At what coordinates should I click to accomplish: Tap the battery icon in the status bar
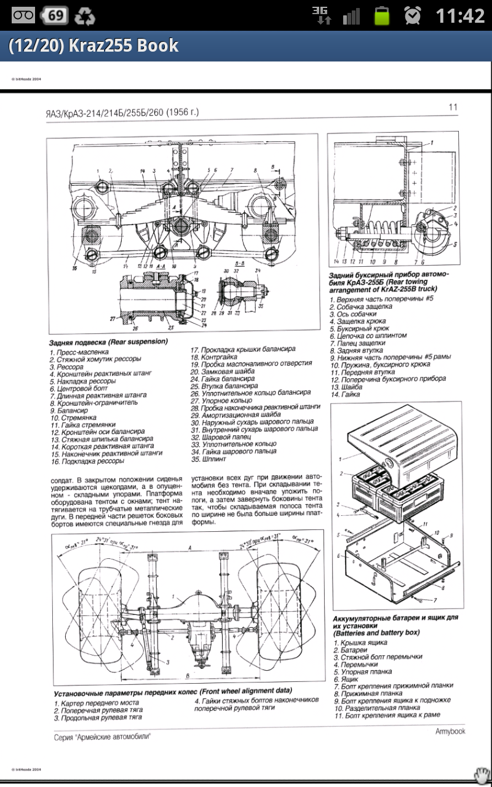click(383, 15)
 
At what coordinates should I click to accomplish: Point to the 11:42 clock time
click(460, 15)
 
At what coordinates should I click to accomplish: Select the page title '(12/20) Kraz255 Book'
click(93, 45)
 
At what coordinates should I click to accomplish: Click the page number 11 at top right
click(453, 107)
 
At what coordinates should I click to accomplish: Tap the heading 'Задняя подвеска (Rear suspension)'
click(108, 341)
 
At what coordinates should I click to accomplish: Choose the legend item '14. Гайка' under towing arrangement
click(347, 394)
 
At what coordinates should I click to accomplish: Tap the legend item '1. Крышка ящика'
click(360, 642)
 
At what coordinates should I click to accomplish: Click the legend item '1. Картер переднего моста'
click(96, 702)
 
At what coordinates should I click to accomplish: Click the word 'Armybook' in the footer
click(450, 731)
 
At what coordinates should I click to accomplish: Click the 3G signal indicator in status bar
click(321, 15)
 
